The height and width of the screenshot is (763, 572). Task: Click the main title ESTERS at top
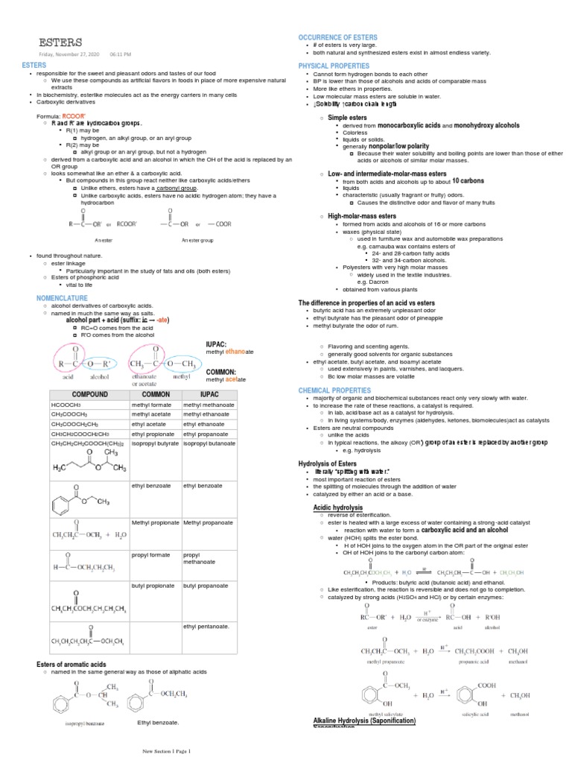click(x=61, y=42)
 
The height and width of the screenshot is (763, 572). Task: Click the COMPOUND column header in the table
click(x=89, y=394)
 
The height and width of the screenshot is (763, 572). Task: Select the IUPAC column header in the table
click(x=209, y=394)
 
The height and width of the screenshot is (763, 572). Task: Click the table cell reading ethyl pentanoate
click(x=206, y=626)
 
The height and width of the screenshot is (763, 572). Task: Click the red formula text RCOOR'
click(x=74, y=117)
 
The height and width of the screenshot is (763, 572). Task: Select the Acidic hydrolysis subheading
click(x=337, y=507)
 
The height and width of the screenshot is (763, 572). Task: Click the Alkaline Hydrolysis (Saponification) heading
click(x=364, y=721)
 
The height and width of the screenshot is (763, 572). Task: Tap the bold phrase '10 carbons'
click(x=468, y=180)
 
